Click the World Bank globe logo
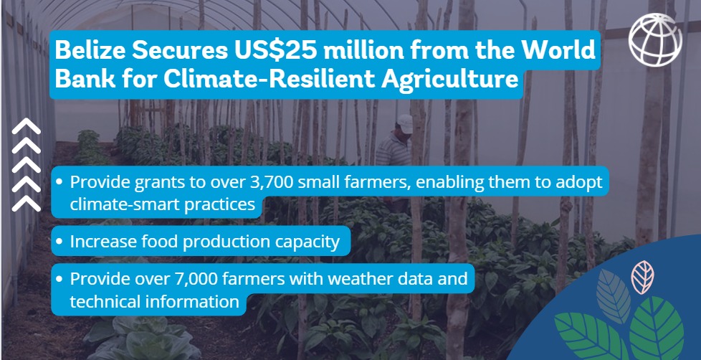[x=655, y=40]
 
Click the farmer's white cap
[x=404, y=123]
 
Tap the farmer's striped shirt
[x=393, y=151]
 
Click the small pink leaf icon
[x=642, y=277]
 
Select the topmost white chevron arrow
[x=27, y=126]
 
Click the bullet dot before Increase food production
[x=59, y=242]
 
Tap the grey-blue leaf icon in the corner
[x=613, y=296]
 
